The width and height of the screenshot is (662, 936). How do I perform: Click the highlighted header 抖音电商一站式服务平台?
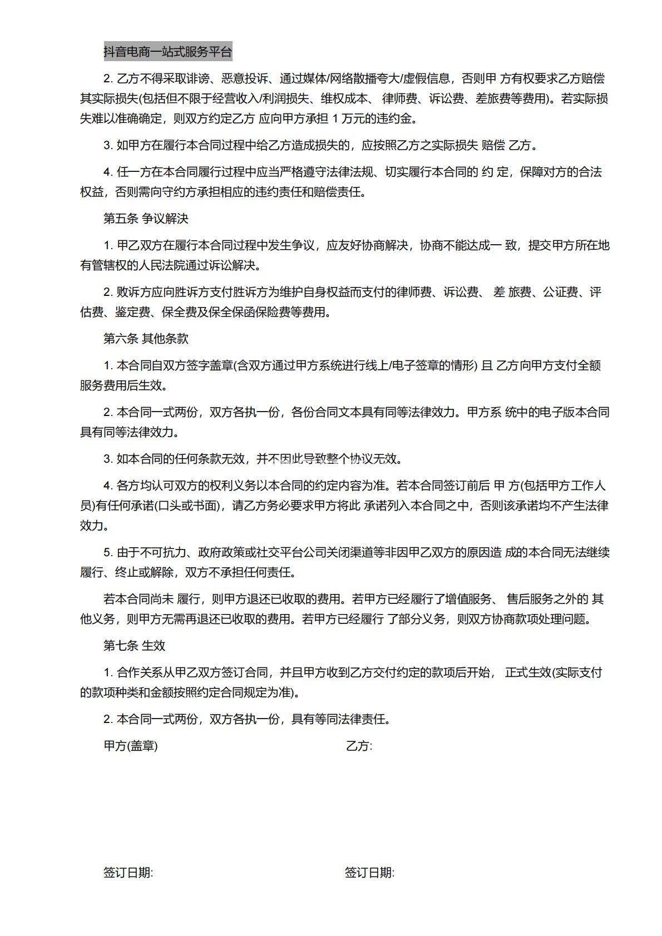click(x=167, y=52)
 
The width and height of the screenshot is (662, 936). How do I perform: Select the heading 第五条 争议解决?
click(x=146, y=219)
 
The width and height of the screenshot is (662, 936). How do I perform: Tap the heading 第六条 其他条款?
click(x=146, y=339)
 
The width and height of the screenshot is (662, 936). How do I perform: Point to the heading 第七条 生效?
click(x=134, y=646)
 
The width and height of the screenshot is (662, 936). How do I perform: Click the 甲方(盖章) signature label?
click(x=131, y=746)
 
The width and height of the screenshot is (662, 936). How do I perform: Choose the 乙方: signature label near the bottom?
click(x=359, y=746)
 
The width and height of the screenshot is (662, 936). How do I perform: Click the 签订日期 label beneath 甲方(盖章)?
click(x=128, y=873)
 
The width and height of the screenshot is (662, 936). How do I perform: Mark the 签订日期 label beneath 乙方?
click(x=369, y=873)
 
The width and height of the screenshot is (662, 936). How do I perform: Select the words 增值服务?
click(x=470, y=600)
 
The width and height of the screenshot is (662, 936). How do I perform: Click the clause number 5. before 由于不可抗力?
click(x=108, y=553)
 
